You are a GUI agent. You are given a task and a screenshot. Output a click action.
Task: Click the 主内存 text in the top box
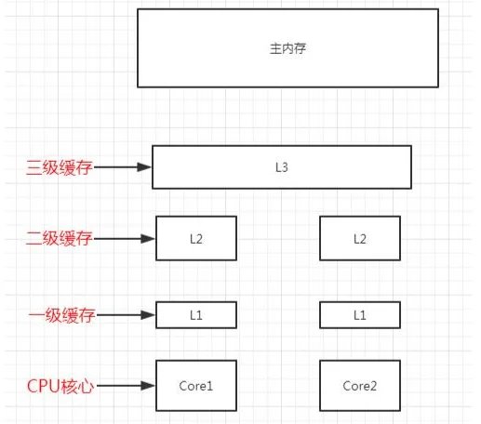[x=287, y=48]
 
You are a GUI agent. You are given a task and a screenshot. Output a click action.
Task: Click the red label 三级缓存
[x=60, y=167]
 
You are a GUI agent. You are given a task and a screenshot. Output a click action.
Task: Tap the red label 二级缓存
[x=60, y=238]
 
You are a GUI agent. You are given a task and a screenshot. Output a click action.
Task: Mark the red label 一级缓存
[x=61, y=315]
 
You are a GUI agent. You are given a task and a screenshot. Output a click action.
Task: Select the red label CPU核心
[x=60, y=386]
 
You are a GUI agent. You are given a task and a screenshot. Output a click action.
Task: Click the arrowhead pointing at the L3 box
[x=144, y=167]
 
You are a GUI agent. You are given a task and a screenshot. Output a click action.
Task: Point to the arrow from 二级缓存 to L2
[x=125, y=239]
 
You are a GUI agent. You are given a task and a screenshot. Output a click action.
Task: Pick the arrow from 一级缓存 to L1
[x=126, y=315]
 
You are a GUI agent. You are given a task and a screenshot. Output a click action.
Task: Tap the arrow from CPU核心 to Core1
[x=126, y=386]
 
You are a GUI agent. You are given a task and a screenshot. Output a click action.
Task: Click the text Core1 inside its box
[x=196, y=386]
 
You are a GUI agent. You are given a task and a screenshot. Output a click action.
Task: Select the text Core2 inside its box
[x=360, y=386]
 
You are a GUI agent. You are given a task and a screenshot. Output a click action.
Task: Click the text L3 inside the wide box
[x=282, y=167]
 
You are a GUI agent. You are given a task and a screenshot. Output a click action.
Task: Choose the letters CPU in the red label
[x=44, y=386]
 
